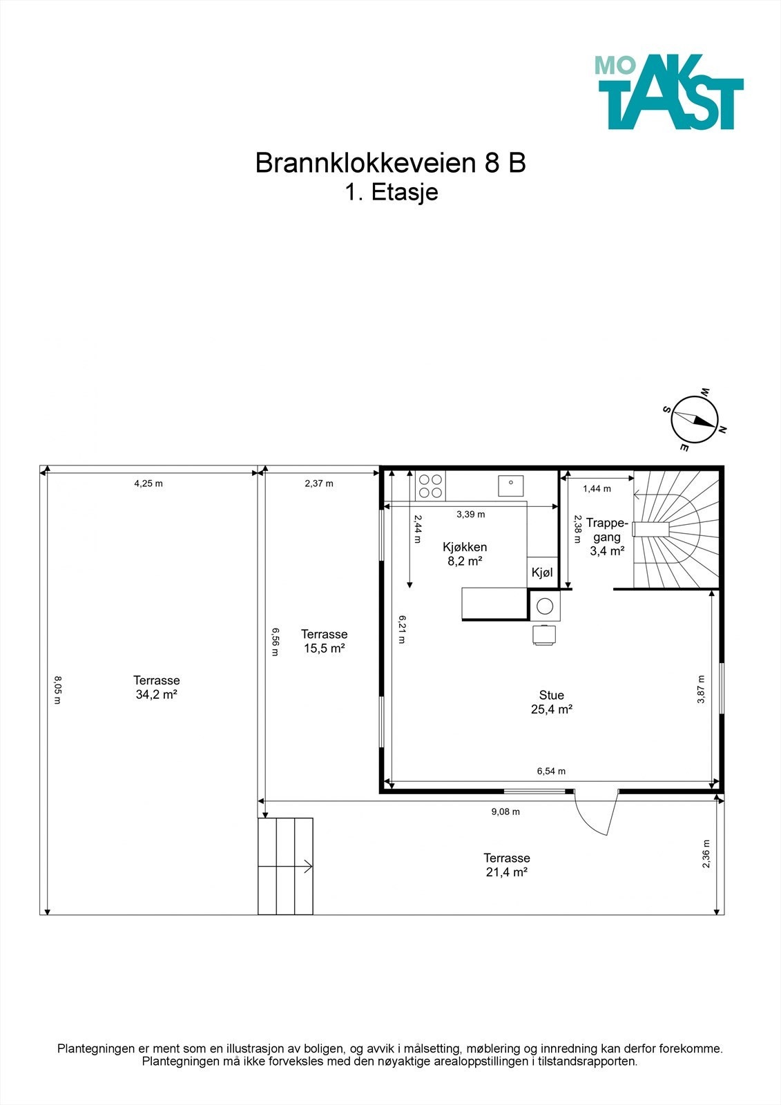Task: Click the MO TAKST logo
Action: [x=668, y=93]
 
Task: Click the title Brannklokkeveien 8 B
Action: [x=390, y=163]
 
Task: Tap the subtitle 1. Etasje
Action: [x=392, y=192]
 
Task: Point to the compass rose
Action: [x=695, y=420]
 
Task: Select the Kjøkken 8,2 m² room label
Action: [x=465, y=554]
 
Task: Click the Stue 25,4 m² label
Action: [x=551, y=702]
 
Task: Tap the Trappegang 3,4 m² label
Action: [x=607, y=537]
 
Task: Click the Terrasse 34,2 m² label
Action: [x=157, y=687]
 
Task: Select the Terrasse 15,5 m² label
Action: [x=324, y=641]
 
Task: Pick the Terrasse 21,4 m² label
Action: [x=506, y=865]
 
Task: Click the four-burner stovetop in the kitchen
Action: [x=430, y=486]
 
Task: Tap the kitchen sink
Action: [x=510, y=486]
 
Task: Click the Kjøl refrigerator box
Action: [x=542, y=573]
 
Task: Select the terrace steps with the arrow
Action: [x=285, y=866]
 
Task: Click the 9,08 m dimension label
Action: [x=505, y=811]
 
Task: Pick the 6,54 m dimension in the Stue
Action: [x=551, y=771]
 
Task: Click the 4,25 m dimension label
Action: [x=148, y=483]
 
